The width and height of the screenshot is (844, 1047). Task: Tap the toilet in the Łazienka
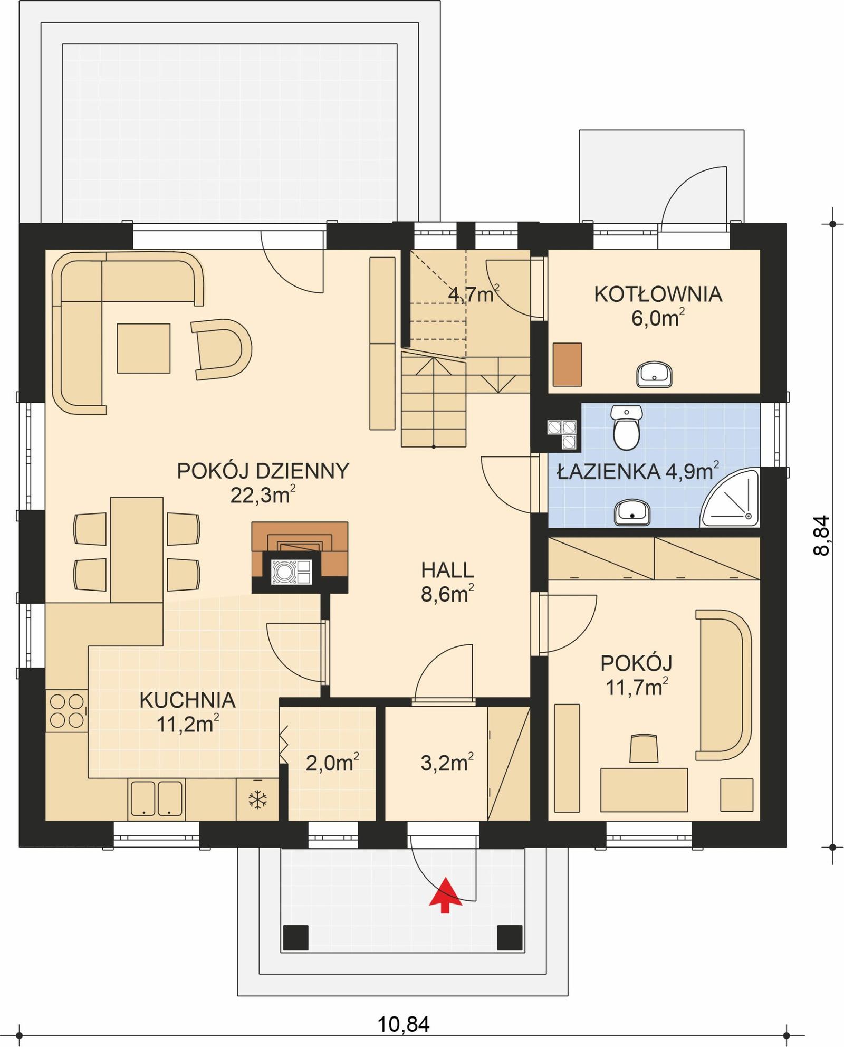click(x=627, y=428)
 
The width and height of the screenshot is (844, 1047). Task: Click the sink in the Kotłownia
click(x=655, y=374)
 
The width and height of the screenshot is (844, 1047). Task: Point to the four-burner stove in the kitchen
click(x=66, y=711)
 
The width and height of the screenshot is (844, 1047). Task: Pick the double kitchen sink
click(x=156, y=798)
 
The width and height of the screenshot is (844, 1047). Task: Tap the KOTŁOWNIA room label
click(x=658, y=294)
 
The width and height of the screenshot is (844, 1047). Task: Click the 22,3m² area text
click(x=262, y=496)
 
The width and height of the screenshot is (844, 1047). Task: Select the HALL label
click(x=447, y=570)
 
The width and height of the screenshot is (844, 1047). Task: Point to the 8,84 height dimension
click(x=822, y=535)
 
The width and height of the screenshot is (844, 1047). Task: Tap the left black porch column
click(x=295, y=937)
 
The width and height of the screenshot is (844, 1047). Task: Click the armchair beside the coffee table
click(x=222, y=349)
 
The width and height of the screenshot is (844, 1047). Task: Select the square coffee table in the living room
click(x=143, y=348)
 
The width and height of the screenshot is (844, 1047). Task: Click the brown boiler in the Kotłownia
click(x=568, y=364)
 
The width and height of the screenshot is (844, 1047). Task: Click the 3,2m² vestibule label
click(x=447, y=763)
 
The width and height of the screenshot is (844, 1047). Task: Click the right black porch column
click(x=510, y=937)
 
